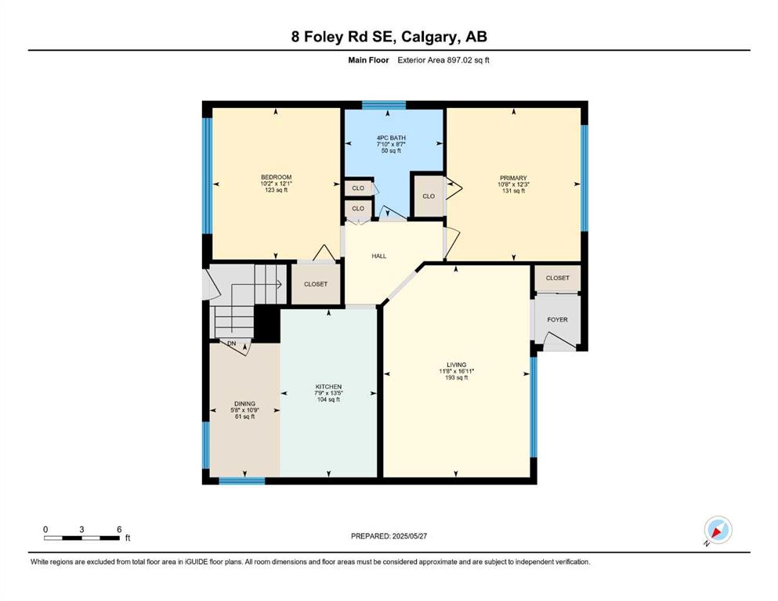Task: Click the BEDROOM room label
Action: click(277, 178)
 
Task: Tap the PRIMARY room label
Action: click(513, 178)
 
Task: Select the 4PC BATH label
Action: click(391, 138)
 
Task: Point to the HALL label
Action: click(379, 256)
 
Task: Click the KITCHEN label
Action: click(328, 387)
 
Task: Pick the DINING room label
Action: click(244, 404)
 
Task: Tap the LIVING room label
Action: click(457, 365)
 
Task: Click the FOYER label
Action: click(557, 319)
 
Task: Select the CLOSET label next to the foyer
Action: click(558, 278)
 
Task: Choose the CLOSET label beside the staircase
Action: click(316, 284)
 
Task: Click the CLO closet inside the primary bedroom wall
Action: click(429, 196)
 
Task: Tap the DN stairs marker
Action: click(232, 344)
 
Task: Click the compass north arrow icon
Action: click(718, 530)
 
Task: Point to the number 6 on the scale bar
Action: click(119, 529)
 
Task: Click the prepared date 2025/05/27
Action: click(409, 536)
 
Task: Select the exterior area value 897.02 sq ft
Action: click(469, 60)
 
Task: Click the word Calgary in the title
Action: click(429, 37)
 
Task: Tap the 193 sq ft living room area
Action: click(457, 377)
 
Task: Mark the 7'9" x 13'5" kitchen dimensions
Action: click(328, 394)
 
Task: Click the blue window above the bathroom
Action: click(384, 105)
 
